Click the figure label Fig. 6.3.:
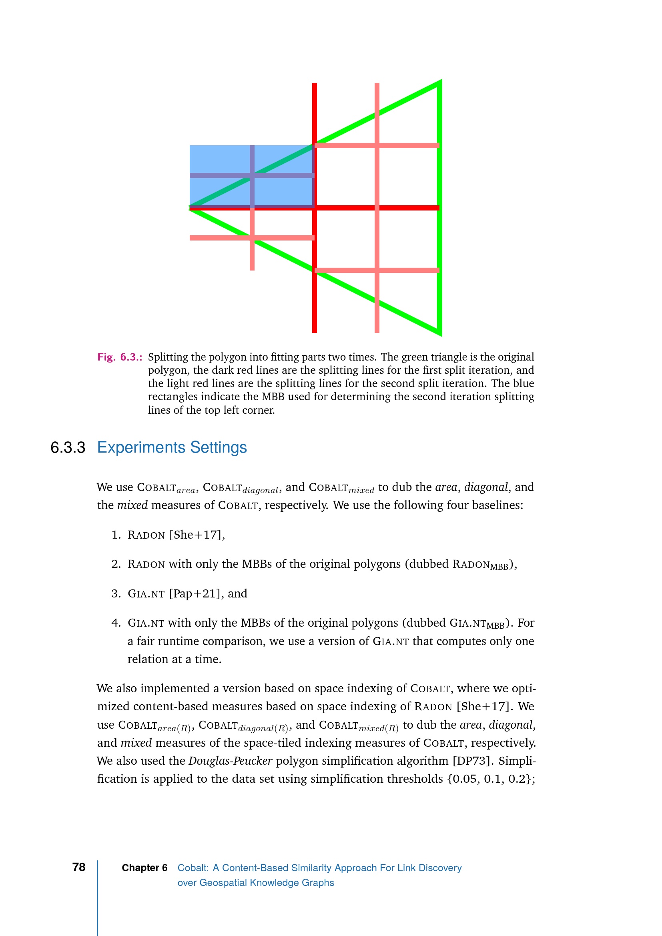119,357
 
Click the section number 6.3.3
68,448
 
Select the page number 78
79,867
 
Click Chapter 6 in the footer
144,868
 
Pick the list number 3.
116,593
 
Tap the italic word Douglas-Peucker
230,761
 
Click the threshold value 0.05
465,779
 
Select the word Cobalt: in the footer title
193,868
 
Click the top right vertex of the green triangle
440,82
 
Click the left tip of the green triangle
191,208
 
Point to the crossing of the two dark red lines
315,208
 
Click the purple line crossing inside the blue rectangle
252,176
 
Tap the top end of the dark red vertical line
315,84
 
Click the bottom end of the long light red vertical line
377,331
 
